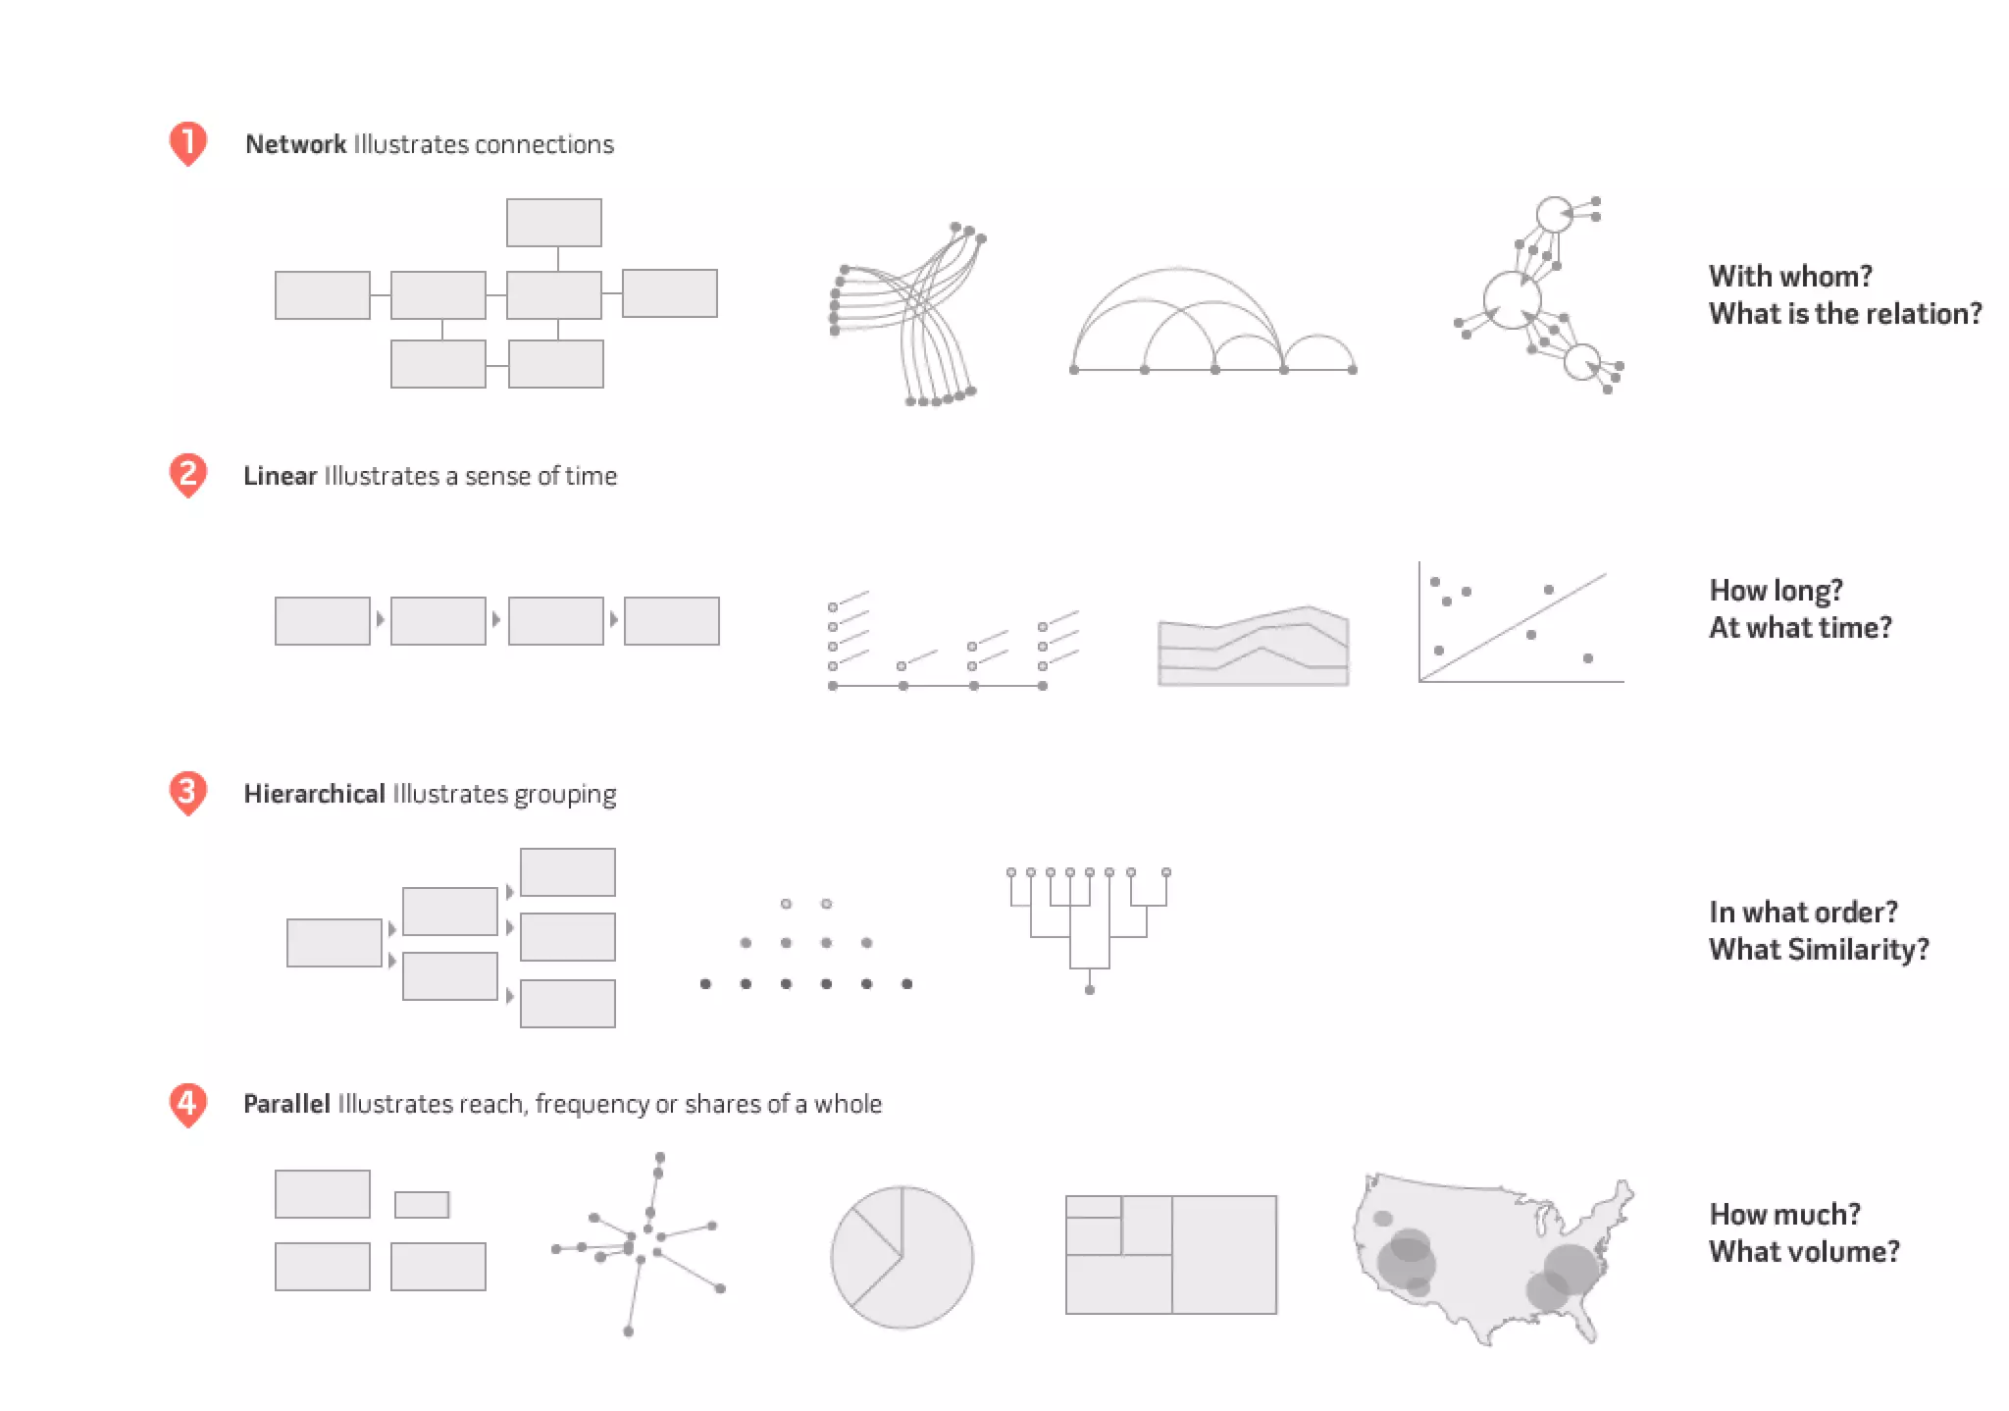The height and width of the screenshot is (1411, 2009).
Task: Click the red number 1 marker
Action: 187,143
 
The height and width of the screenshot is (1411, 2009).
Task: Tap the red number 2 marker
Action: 187,475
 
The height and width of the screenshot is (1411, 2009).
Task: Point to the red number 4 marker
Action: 187,1104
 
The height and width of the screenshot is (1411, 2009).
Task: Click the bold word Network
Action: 295,144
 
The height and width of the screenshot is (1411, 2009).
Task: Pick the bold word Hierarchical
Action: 314,794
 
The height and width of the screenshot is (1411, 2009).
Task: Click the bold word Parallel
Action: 286,1104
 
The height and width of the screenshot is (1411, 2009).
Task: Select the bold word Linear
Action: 280,476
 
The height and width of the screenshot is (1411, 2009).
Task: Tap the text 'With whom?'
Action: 1790,276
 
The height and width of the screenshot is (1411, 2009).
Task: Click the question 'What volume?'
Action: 1804,1251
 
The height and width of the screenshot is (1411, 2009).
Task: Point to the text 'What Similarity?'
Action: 1819,949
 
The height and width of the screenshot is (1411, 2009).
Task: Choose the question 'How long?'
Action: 1776,591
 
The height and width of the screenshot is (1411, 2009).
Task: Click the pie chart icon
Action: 901,1257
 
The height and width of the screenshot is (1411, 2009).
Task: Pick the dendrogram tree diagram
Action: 1089,927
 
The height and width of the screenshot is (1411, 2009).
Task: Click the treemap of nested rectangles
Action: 1171,1254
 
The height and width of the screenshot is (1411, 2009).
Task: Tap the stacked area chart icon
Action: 1253,648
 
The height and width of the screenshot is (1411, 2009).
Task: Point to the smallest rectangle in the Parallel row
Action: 422,1204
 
